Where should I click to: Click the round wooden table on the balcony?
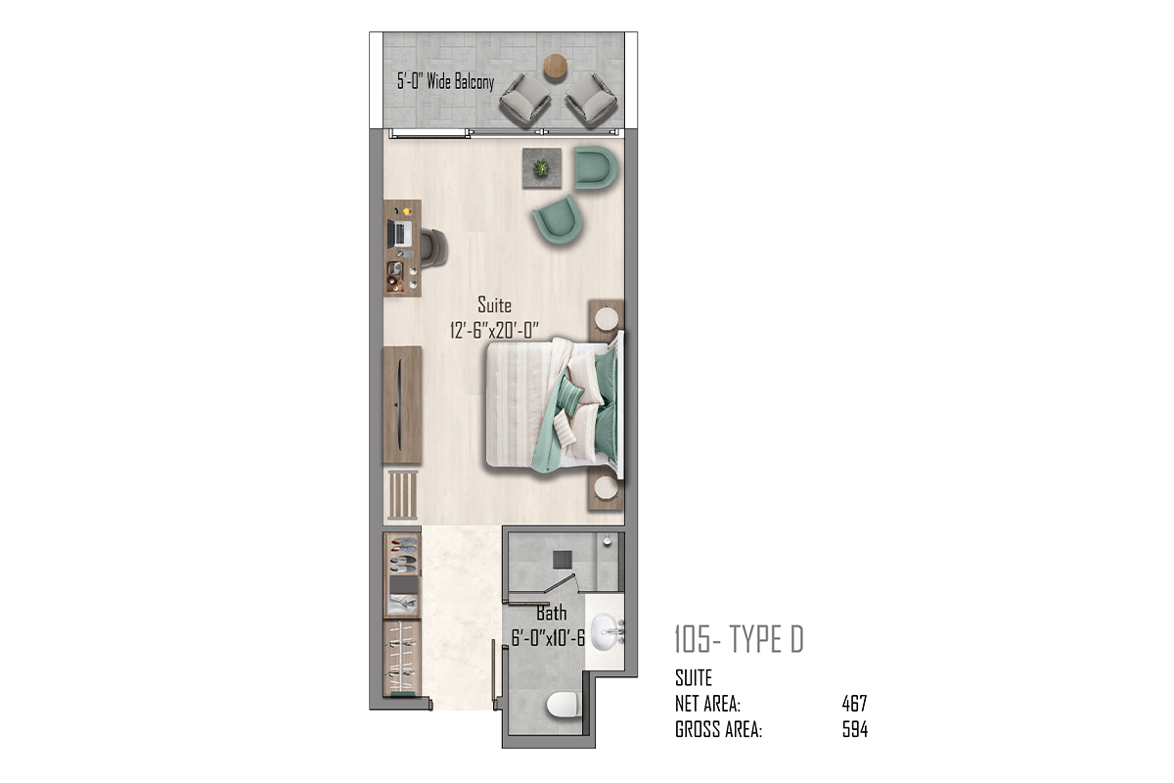pos(555,67)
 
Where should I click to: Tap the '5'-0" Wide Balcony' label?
pos(445,82)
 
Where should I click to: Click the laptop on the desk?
pos(399,234)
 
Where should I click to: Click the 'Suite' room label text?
pos(494,304)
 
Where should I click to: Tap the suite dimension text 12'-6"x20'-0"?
pos(494,331)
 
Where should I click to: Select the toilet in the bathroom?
pos(563,705)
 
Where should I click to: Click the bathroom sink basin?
pos(607,632)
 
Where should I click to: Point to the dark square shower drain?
pos(563,559)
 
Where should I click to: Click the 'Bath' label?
pos(552,613)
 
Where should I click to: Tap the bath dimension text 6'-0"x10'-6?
pos(548,638)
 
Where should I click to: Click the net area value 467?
pos(854,704)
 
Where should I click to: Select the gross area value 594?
pos(855,729)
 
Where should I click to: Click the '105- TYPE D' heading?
pos(739,639)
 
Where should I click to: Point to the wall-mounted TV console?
pos(402,404)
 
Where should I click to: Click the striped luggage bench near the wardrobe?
pos(402,495)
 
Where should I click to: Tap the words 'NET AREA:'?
pos(707,704)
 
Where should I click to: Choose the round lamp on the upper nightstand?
pos(607,318)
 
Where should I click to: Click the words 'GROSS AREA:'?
pos(718,729)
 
